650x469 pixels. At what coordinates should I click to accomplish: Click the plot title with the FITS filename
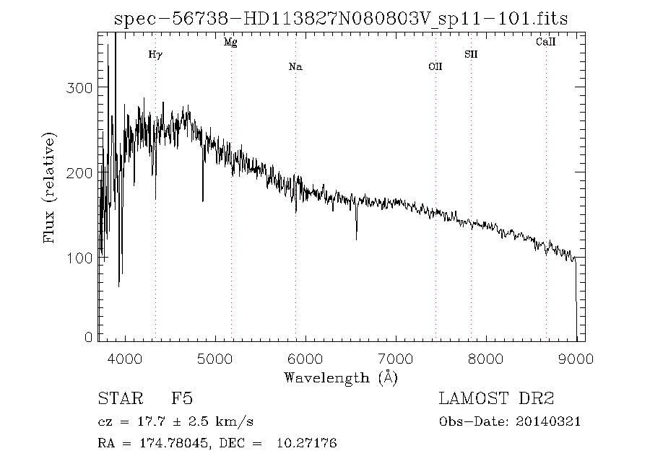(341, 19)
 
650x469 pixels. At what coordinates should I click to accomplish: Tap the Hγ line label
(155, 54)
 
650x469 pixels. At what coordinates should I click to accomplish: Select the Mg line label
(230, 43)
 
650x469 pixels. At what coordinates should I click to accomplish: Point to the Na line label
(295, 67)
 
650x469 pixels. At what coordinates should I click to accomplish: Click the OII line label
(435, 67)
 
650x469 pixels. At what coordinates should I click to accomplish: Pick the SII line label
(471, 54)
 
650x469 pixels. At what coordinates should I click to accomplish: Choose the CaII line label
(545, 43)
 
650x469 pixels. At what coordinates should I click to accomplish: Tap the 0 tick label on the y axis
(89, 337)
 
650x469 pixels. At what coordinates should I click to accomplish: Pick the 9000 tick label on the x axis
(576, 359)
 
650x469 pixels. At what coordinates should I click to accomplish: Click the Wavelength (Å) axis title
(341, 377)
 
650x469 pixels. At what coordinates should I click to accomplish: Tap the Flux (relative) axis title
(49, 188)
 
